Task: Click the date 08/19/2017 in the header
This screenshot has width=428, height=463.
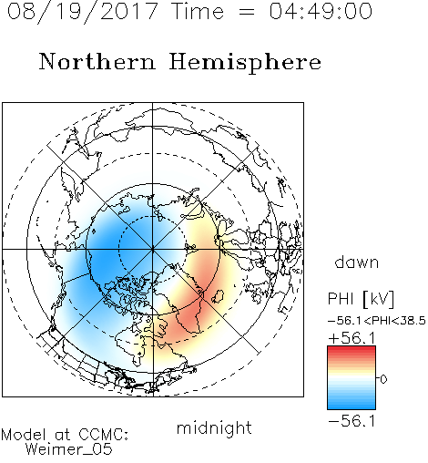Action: pyautogui.click(x=83, y=12)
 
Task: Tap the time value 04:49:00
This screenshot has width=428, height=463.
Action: pyautogui.click(x=321, y=11)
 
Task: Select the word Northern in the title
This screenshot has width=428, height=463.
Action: pyautogui.click(x=97, y=61)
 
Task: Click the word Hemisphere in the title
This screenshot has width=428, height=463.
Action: pyautogui.click(x=245, y=62)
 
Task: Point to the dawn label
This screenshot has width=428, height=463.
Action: pyautogui.click(x=357, y=262)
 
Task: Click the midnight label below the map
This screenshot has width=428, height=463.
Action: pyautogui.click(x=214, y=428)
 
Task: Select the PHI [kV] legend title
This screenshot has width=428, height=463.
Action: pyautogui.click(x=361, y=299)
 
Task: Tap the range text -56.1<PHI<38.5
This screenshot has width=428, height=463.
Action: pyautogui.click(x=377, y=321)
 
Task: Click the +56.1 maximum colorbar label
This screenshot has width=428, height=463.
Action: pyautogui.click(x=352, y=338)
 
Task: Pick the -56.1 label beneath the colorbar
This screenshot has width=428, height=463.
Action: pyautogui.click(x=352, y=421)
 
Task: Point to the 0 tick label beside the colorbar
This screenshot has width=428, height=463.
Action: pyautogui.click(x=383, y=379)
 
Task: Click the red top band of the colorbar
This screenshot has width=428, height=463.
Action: pyautogui.click(x=352, y=349)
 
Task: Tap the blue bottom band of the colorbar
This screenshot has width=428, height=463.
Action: pyautogui.click(x=352, y=406)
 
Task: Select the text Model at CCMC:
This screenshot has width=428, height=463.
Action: pyautogui.click(x=65, y=435)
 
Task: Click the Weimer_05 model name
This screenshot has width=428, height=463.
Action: pyautogui.click(x=69, y=449)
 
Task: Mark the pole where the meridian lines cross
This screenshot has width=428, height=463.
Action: pyautogui.click(x=153, y=249)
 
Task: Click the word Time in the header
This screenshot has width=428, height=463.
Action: pyautogui.click(x=198, y=11)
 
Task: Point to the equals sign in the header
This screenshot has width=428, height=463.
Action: pyautogui.click(x=247, y=12)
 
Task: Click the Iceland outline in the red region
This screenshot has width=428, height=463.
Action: pyautogui.click(x=218, y=295)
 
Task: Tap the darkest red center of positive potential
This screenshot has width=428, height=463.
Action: pyautogui.click(x=189, y=319)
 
